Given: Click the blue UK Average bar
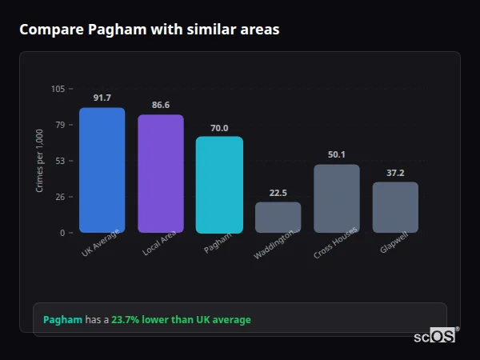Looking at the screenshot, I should pyautogui.click(x=102, y=170).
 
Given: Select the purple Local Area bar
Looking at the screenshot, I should pyautogui.click(x=160, y=174).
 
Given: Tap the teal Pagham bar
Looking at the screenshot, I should pyautogui.click(x=219, y=185).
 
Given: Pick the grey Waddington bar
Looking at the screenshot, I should pyautogui.click(x=278, y=217).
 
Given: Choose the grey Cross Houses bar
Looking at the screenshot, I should pyautogui.click(x=336, y=198).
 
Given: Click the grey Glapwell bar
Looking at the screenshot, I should pyautogui.click(x=395, y=207).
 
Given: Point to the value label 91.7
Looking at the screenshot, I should pyautogui.click(x=102, y=98).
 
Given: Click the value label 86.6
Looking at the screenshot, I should pyautogui.click(x=160, y=105).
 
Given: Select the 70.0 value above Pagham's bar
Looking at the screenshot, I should pyautogui.click(x=219, y=127).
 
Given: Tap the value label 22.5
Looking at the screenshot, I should pyautogui.click(x=278, y=193).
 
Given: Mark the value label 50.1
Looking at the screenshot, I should pyautogui.click(x=336, y=154).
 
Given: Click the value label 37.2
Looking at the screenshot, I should pyautogui.click(x=395, y=173).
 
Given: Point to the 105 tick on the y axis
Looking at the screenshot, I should pyautogui.click(x=58, y=89).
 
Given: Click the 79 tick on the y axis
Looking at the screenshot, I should pyautogui.click(x=60, y=125).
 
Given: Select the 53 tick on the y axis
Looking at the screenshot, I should pyautogui.click(x=60, y=161).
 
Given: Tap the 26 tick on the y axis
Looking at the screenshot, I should pyautogui.click(x=60, y=197).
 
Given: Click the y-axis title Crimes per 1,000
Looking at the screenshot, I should pyautogui.click(x=39, y=161).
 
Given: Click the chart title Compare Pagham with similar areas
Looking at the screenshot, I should pyautogui.click(x=150, y=30).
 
